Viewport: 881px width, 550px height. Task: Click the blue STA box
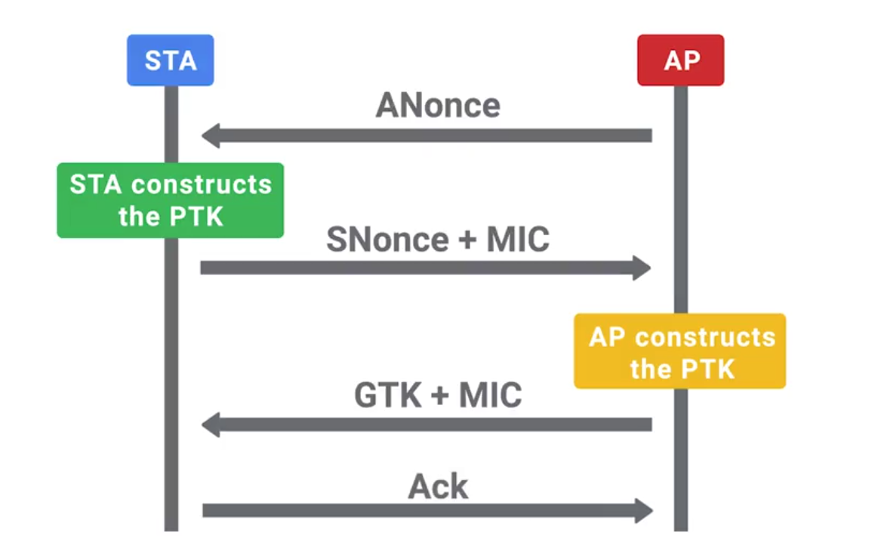(x=170, y=60)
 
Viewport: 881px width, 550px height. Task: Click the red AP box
(x=680, y=60)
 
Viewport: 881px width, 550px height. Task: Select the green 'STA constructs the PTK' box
(x=170, y=200)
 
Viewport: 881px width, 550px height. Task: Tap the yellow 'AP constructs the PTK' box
(x=679, y=351)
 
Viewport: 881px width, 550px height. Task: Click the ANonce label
(x=438, y=106)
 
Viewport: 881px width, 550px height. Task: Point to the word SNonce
(x=387, y=239)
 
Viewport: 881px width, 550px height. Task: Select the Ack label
(x=438, y=487)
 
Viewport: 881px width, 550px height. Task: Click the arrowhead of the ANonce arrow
(x=211, y=136)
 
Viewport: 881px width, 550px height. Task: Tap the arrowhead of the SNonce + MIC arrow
(x=642, y=267)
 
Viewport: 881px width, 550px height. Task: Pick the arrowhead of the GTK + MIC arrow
(x=211, y=425)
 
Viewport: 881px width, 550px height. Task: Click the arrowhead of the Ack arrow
(x=643, y=510)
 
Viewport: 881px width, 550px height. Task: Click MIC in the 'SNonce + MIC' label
(x=518, y=239)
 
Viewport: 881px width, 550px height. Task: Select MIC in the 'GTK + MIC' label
(x=491, y=394)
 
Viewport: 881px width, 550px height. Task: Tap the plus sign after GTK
(x=436, y=396)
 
